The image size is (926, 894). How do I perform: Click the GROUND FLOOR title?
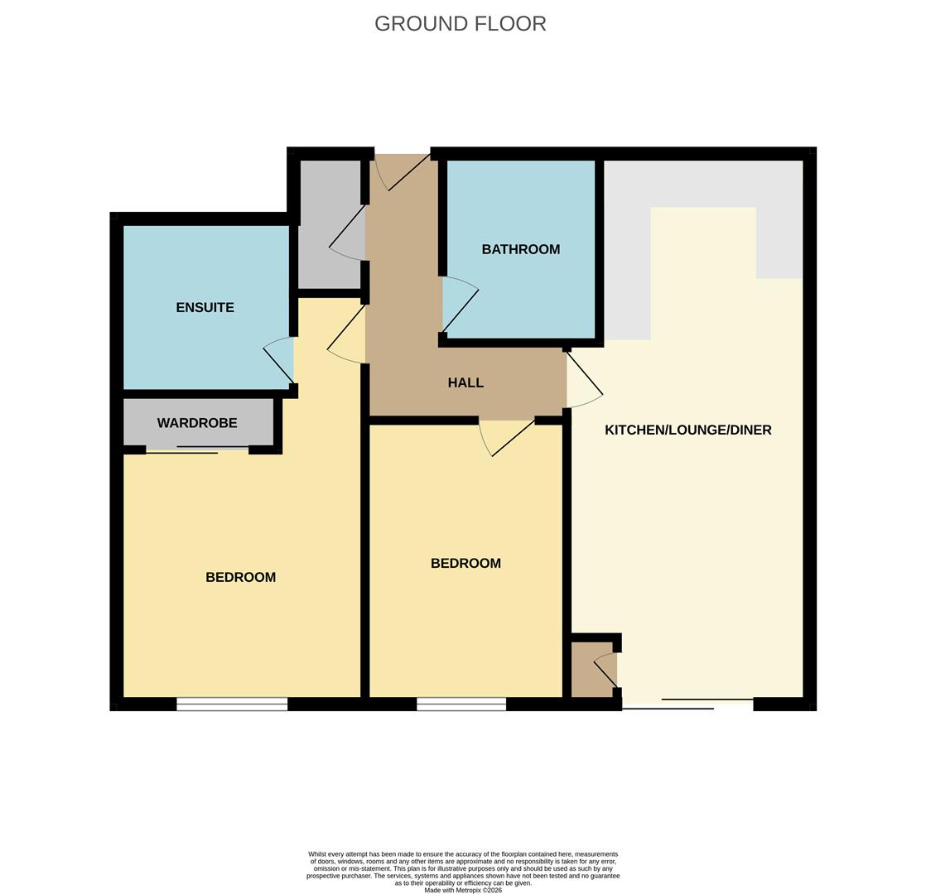[460, 24]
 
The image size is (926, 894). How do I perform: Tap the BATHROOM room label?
[520, 249]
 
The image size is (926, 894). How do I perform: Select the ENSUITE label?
[205, 307]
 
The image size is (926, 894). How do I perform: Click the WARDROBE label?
[197, 423]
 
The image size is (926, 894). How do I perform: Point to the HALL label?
[465, 382]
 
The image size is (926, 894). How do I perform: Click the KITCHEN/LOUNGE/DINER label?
[687, 430]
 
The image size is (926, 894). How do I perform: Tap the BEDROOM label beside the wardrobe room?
[240, 577]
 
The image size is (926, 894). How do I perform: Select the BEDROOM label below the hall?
[465, 563]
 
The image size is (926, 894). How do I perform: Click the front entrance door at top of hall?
[402, 171]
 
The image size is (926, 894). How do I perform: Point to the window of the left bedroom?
[232, 704]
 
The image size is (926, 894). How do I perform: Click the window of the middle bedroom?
[461, 704]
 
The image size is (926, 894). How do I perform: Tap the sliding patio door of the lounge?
[687, 704]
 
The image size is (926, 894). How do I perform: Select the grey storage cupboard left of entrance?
[330, 223]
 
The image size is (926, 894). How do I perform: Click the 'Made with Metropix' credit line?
[462, 890]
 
